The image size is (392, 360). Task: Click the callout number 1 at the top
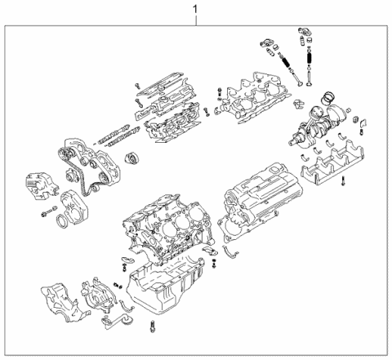(x=194, y=9)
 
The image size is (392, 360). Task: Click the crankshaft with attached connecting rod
(x=314, y=131)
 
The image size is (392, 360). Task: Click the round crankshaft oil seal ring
(x=62, y=224)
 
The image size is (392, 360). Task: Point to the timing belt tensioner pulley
(x=129, y=157)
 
